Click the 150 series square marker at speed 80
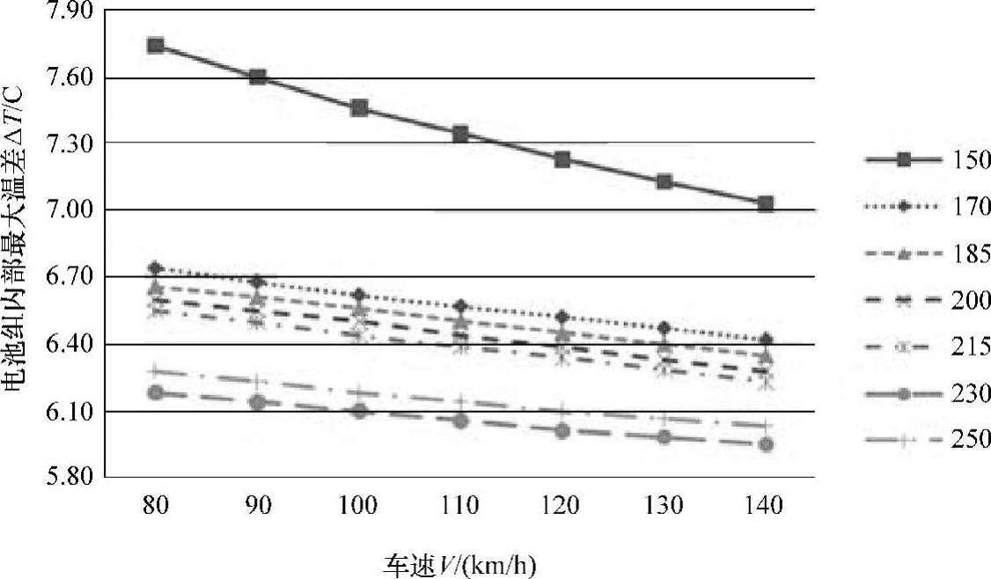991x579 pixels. (x=156, y=46)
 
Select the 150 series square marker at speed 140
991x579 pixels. (x=765, y=204)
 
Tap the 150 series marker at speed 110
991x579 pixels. (x=460, y=134)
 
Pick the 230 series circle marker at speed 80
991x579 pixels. (x=156, y=392)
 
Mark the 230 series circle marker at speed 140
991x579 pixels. (x=765, y=444)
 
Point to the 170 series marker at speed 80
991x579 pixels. (x=156, y=268)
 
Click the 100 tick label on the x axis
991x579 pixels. (x=358, y=506)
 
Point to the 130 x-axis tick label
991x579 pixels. (x=664, y=506)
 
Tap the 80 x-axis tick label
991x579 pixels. (x=156, y=506)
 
